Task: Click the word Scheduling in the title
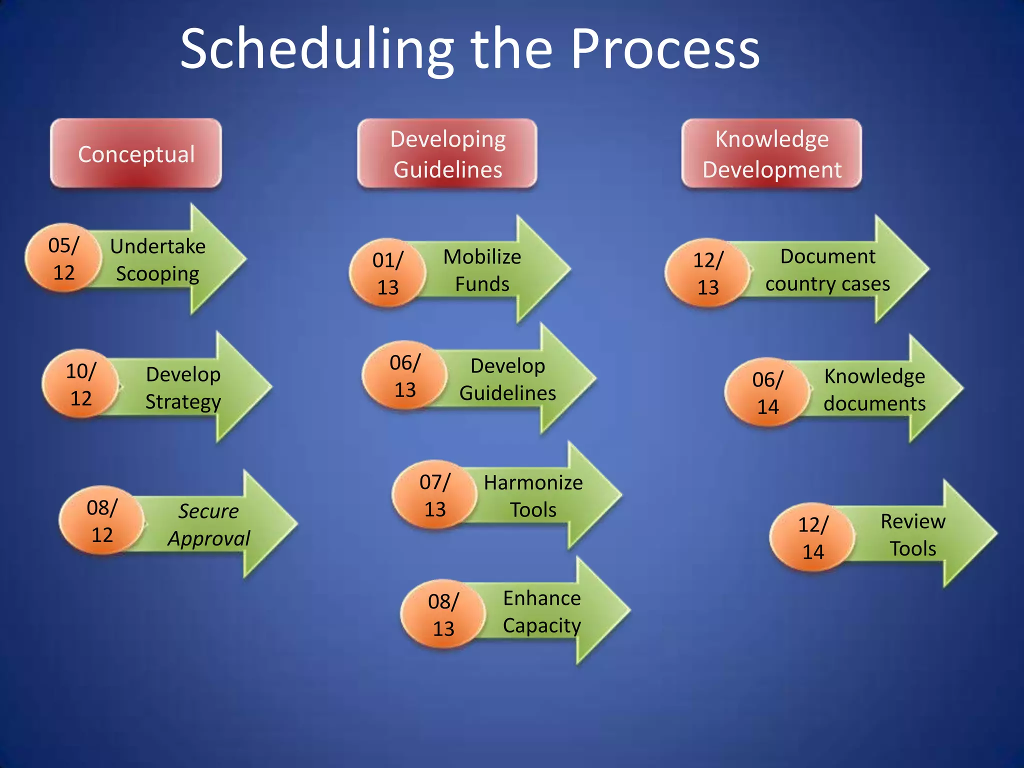tap(316, 50)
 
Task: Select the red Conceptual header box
tap(135, 153)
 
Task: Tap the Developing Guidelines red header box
tap(447, 153)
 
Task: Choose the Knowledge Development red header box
tap(771, 153)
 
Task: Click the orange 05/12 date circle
tap(63, 258)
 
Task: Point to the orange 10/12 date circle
tap(80, 384)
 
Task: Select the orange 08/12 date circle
tap(101, 520)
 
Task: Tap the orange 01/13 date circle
tap(387, 273)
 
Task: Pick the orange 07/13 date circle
tap(434, 495)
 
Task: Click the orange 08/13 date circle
tap(443, 614)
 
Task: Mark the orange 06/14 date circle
tap(767, 392)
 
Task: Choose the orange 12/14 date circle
tap(812, 537)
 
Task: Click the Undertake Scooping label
tap(157, 259)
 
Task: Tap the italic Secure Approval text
tap(208, 524)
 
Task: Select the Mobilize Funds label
tap(482, 270)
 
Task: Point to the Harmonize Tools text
tap(533, 495)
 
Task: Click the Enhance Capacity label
tap(541, 611)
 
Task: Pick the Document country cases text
tap(827, 269)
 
